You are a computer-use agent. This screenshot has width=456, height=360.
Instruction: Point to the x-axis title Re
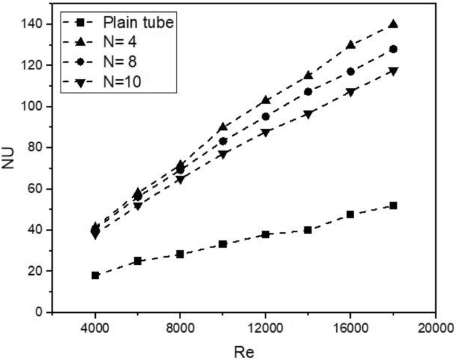244,350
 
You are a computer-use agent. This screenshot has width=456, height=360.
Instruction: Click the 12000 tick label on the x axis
266,327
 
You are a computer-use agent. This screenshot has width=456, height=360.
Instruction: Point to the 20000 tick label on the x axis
435,327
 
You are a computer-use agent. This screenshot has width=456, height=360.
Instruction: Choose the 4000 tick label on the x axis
95,327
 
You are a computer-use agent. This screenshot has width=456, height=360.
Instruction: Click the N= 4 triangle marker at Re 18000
393,23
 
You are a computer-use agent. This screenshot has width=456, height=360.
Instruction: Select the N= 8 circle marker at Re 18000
393,49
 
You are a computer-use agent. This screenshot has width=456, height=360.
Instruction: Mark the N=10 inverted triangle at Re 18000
393,71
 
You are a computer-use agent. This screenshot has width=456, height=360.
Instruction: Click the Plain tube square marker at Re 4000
95,275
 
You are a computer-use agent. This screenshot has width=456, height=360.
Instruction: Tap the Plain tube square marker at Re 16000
351,214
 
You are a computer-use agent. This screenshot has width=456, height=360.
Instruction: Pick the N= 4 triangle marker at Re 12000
266,100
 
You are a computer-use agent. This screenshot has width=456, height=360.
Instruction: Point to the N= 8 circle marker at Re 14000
308,92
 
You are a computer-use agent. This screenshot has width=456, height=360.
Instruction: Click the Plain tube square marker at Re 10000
223,244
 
